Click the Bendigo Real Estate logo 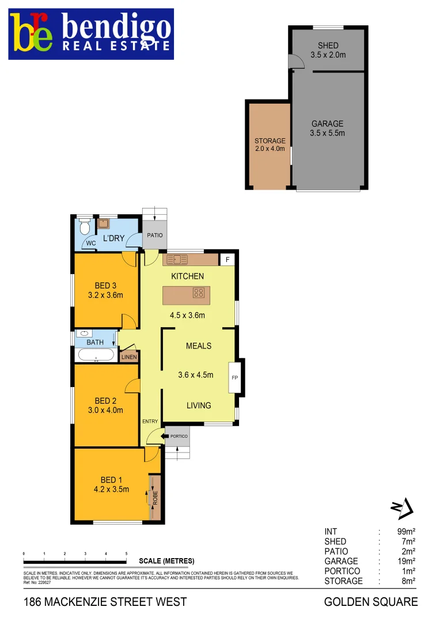[x=91, y=34]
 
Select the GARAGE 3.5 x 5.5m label [x=328, y=128]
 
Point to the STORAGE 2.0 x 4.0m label [x=270, y=145]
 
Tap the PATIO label [x=155, y=235]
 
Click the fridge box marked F [x=228, y=260]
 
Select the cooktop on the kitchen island [x=199, y=293]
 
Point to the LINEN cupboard [x=129, y=357]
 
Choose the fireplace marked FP [x=235, y=378]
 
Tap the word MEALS [x=199, y=346]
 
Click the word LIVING [x=199, y=405]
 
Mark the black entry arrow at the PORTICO [x=166, y=437]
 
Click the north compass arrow [x=403, y=507]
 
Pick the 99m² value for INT [x=407, y=532]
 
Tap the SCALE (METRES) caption [x=166, y=561]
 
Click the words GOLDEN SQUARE [x=371, y=602]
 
